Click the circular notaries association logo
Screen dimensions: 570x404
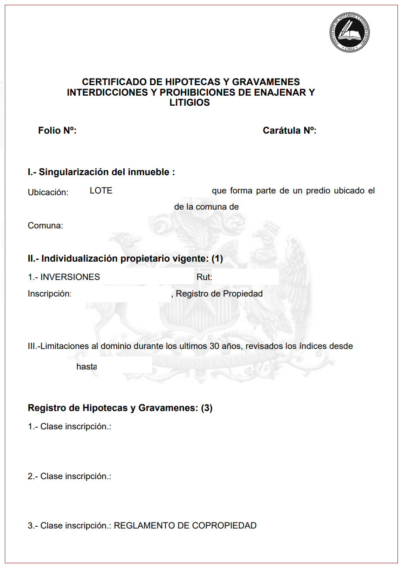349,32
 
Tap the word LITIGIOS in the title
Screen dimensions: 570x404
190,103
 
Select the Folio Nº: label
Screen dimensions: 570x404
57,131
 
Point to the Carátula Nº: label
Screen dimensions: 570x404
289,131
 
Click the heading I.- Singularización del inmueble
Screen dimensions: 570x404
101,172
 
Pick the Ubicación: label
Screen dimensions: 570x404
48,193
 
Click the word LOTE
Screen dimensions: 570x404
101,191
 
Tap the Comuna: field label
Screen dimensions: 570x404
45,226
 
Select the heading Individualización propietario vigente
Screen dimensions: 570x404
125,259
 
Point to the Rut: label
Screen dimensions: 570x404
204,277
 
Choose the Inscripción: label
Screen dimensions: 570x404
49,294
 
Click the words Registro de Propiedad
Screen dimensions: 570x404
219,294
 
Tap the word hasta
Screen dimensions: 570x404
86,367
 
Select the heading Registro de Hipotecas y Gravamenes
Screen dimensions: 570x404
120,408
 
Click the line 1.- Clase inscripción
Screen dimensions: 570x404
70,427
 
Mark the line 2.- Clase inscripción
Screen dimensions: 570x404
70,477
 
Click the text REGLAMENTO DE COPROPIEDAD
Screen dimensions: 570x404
185,526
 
